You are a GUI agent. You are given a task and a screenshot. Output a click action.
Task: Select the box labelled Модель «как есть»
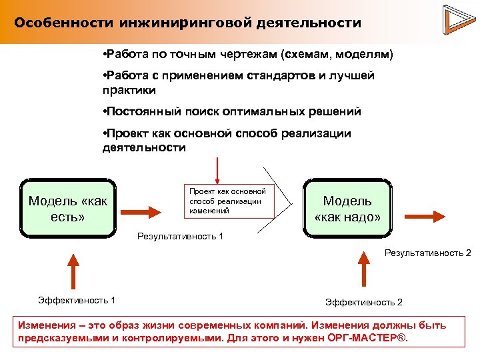[x=68, y=208]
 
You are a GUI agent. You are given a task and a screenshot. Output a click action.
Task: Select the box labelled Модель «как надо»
[x=347, y=208]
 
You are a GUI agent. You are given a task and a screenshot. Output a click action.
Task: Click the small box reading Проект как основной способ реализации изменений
[x=227, y=201]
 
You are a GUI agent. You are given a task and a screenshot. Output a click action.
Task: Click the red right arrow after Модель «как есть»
[x=141, y=212]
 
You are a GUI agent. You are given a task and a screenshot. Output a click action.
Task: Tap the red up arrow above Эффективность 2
[x=363, y=269]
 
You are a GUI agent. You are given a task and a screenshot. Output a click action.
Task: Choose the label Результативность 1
[x=180, y=236]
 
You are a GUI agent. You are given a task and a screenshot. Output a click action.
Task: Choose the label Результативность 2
[x=427, y=253]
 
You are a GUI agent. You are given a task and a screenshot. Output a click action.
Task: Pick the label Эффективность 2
[x=364, y=302]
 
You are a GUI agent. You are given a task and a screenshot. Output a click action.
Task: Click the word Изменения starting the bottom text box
[x=46, y=325]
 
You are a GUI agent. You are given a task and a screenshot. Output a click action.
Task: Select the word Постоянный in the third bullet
[x=142, y=111]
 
